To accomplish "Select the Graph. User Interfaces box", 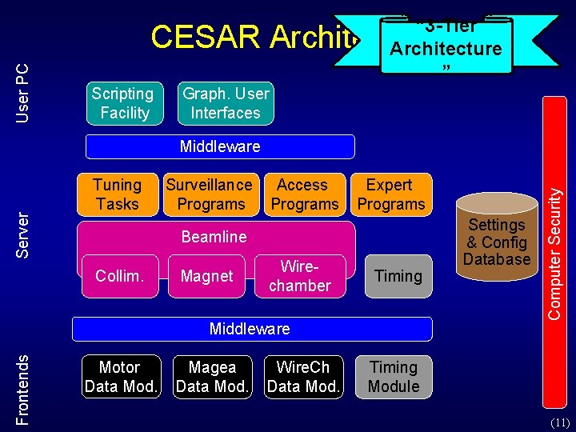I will point(226,103).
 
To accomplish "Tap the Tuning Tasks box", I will point(118,194).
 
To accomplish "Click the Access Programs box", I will point(303,194).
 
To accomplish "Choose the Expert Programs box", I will point(390,194).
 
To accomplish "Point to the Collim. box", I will point(119,276).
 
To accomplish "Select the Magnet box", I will point(206,276).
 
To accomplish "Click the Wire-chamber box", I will point(300,276).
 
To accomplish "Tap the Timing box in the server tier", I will point(398,276).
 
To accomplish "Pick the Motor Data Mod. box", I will point(119,377).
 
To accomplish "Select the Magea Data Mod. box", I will point(212,377).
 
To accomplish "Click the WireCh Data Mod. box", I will point(302,377).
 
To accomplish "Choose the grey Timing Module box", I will point(394,377).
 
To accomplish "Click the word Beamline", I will point(214,237).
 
